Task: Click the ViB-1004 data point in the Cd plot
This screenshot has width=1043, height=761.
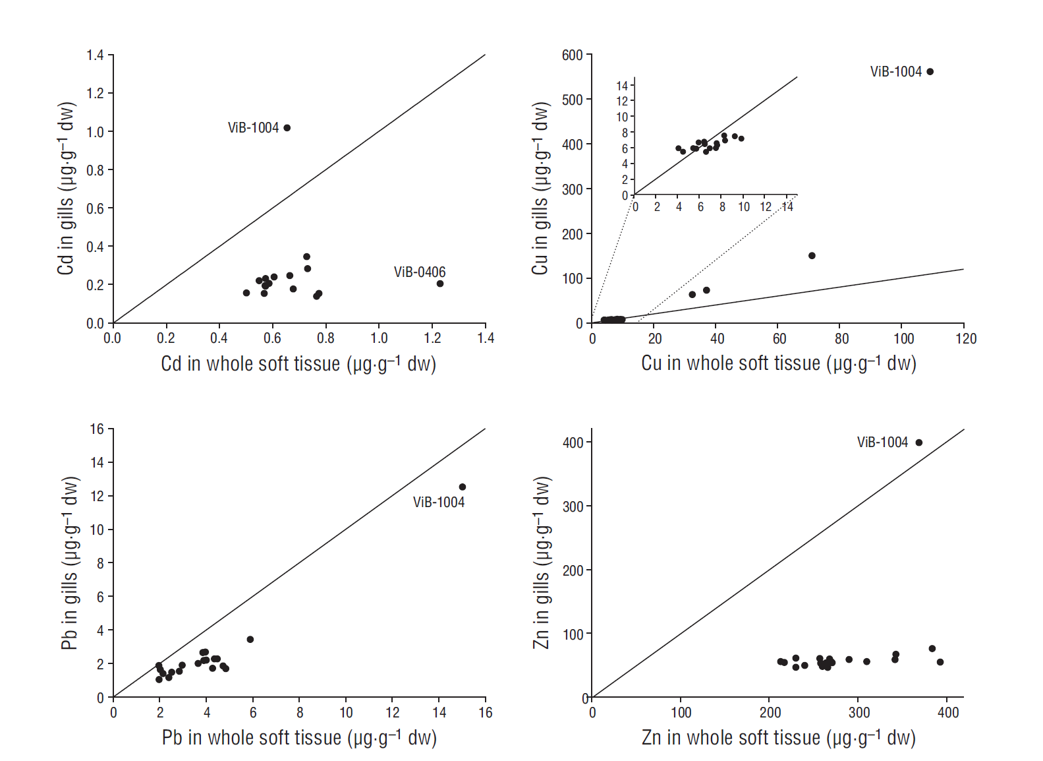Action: pos(287,128)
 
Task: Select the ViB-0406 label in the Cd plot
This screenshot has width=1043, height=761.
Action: pos(419,272)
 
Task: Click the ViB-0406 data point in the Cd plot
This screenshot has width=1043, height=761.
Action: pos(440,284)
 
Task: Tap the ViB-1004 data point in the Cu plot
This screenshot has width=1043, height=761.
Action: pos(930,72)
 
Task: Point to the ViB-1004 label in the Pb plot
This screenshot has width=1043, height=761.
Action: pos(439,502)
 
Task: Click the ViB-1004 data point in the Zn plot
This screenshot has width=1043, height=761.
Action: pos(919,442)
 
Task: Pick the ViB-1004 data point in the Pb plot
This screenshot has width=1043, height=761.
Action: pos(463,487)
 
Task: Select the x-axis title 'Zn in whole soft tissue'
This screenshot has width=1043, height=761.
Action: pos(779,737)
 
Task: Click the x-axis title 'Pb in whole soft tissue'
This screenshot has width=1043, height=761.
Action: pos(299,737)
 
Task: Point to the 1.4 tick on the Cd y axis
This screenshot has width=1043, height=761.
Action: pos(96,55)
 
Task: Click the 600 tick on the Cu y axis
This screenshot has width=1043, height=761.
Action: pos(573,55)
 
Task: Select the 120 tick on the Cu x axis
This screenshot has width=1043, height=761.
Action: pos(966,339)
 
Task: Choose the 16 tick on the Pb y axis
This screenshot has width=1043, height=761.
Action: pos(98,429)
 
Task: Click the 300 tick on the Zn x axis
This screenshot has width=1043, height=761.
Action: pos(859,713)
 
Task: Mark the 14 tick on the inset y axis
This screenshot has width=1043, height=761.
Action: pos(622,86)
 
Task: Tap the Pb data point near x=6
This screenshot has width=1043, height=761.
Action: pos(250,639)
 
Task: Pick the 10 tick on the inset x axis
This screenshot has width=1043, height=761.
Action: pos(744,207)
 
